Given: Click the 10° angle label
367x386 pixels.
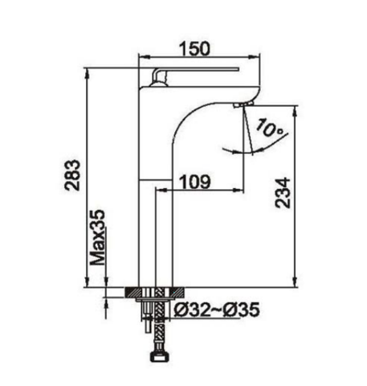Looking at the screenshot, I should pyautogui.click(x=270, y=128).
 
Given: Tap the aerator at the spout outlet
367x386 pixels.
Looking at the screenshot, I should pyautogui.click(x=243, y=104).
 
